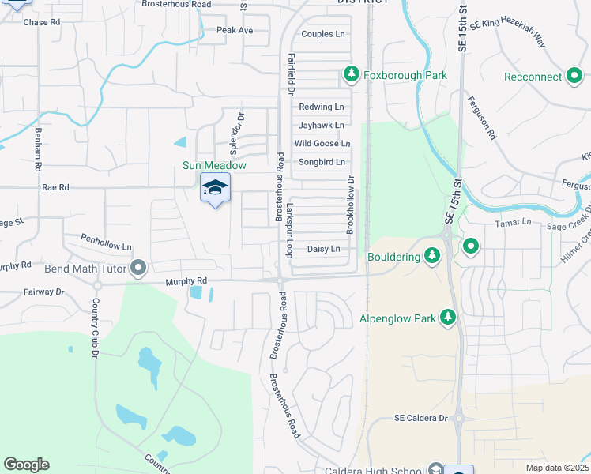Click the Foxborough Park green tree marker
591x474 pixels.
[x=352, y=75]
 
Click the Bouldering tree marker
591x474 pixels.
[x=431, y=256]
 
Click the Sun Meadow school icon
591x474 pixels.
[x=215, y=188]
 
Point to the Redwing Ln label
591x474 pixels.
[x=322, y=107]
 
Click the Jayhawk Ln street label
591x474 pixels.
[x=322, y=125]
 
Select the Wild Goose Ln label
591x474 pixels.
[x=322, y=143]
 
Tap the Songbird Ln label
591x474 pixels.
[x=322, y=162]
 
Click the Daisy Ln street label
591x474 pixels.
[x=323, y=249]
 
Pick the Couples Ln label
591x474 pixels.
[x=323, y=34]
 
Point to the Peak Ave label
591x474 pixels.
[x=235, y=30]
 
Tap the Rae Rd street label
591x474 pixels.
[x=55, y=187]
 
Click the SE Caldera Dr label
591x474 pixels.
[x=421, y=418]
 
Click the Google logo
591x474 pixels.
[x=26, y=465]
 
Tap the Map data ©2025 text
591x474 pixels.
[x=556, y=468]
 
